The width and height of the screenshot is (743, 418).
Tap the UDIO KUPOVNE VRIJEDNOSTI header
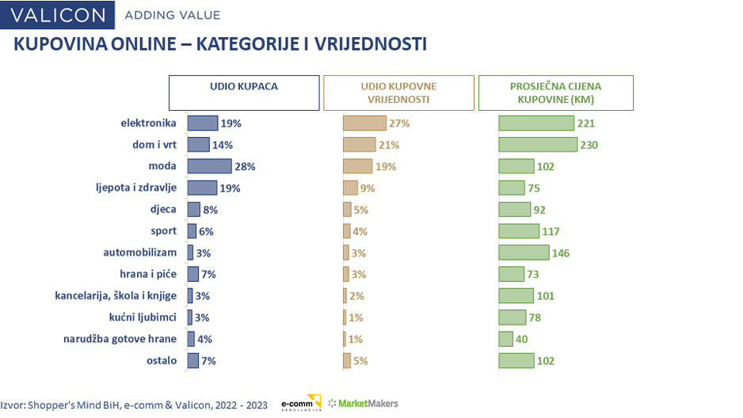pos(398,92)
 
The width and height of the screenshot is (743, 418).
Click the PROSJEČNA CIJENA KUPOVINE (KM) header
pos(555,92)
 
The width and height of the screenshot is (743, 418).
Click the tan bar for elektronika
pos(364,123)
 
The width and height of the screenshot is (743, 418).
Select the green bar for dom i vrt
pos(537,145)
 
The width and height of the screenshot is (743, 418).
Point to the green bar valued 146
pos(523,253)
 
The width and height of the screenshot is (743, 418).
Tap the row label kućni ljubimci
pos(143,317)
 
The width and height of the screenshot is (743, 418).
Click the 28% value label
pos(244,166)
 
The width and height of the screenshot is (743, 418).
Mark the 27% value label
pos(399,123)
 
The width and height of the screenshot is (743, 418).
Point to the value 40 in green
pos(521,339)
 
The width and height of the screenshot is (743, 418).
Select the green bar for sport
pos(517,231)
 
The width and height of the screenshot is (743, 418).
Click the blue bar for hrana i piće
pos(192,274)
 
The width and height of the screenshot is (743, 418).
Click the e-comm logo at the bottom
pos(301,403)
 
